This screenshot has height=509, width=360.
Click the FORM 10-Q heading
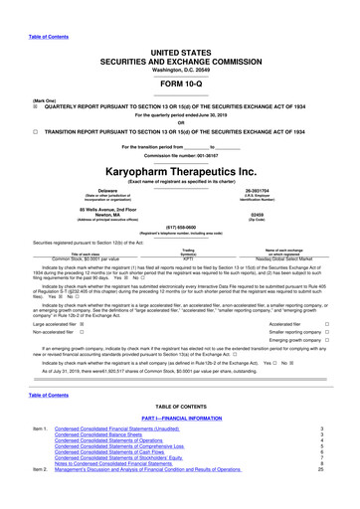point(180,55)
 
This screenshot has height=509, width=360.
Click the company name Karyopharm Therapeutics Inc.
point(180,169)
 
